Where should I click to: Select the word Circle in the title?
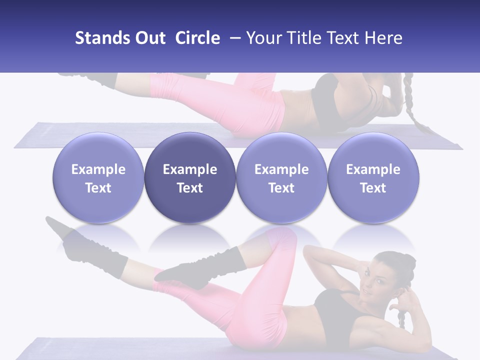click(197, 38)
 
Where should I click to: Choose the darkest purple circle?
click(190, 178)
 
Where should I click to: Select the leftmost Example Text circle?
click(98, 178)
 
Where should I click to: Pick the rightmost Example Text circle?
click(373, 178)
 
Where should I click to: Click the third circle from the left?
click(281, 178)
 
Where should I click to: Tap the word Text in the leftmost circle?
click(98, 188)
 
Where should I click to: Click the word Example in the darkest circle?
click(190, 169)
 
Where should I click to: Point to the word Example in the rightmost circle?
click(373, 169)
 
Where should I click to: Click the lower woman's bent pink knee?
click(282, 238)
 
